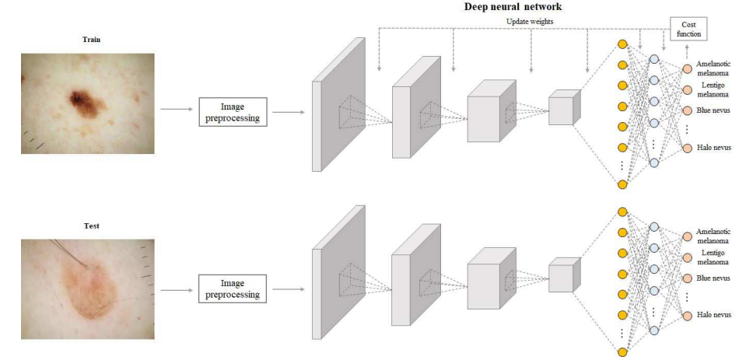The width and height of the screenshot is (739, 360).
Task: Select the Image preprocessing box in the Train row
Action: [x=233, y=112]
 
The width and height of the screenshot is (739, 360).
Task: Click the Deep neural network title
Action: [x=513, y=7]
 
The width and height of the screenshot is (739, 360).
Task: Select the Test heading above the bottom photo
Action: [x=91, y=226]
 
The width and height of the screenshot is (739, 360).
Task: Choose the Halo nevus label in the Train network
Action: [x=713, y=148]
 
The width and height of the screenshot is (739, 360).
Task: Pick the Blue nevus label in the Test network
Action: [x=713, y=278]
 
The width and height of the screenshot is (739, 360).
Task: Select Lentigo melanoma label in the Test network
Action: [x=713, y=257]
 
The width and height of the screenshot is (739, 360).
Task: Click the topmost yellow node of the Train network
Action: [x=622, y=44]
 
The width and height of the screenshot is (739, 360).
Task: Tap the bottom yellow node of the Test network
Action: [x=622, y=351]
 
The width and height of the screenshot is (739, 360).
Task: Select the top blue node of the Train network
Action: [x=654, y=59]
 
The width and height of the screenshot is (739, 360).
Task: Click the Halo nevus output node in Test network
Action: [x=687, y=315]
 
